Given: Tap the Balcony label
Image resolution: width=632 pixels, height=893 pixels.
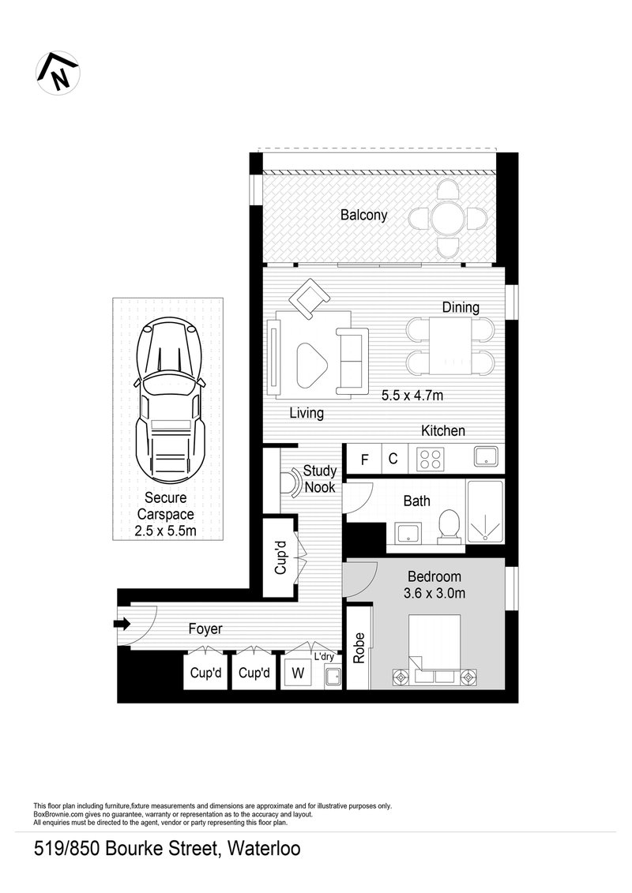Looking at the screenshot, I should click(x=363, y=215).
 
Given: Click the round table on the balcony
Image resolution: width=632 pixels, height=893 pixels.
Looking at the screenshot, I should click(x=446, y=217).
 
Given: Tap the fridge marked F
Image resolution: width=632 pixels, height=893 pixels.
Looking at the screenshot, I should click(x=365, y=459).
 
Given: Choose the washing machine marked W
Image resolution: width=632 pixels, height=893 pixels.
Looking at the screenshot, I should click(x=298, y=674).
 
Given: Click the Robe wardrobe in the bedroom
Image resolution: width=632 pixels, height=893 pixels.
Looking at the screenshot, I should click(x=359, y=647).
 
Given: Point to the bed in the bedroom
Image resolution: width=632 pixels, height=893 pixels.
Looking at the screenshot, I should click(x=434, y=652).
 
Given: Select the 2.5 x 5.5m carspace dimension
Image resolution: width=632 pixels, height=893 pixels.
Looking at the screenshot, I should click(x=165, y=531).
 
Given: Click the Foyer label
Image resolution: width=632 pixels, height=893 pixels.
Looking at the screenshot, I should click(x=205, y=629).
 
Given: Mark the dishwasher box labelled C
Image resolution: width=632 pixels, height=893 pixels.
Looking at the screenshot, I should click(x=392, y=459).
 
